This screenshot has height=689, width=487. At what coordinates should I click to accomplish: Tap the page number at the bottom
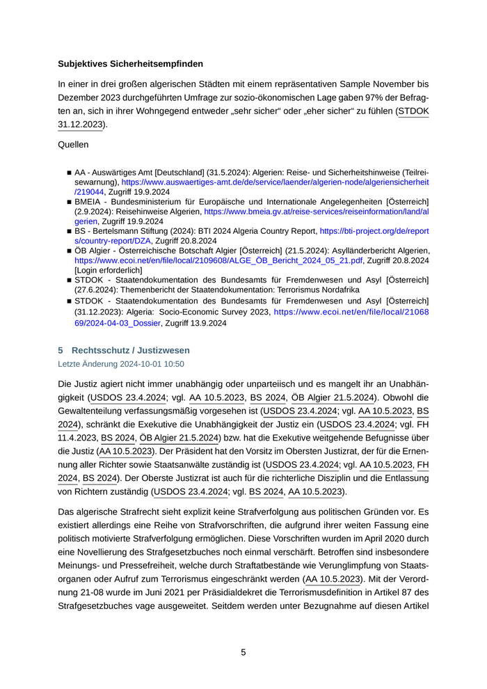coord(243,652)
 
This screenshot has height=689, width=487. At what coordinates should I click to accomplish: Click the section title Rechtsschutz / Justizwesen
coord(130,350)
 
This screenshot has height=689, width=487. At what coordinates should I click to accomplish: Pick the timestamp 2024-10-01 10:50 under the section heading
coord(148,364)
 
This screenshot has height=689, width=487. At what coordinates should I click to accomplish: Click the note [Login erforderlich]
coord(109,270)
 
